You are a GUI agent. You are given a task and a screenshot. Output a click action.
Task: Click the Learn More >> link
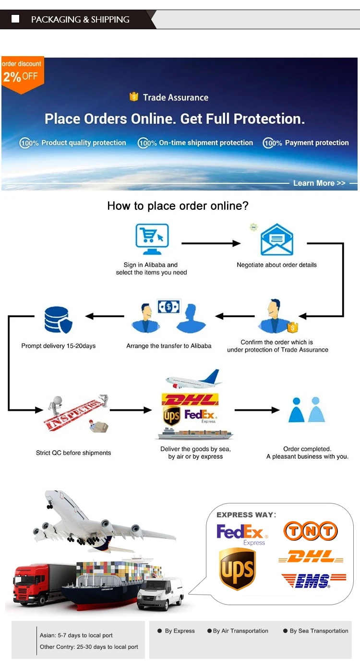pos(319,183)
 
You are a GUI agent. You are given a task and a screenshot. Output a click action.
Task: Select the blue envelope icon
pos(276,239)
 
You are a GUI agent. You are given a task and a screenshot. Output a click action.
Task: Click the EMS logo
pos(313,581)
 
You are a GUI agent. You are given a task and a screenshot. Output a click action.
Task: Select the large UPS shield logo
pos(237,569)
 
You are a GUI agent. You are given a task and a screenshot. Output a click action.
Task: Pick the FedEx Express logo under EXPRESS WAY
pos(242,534)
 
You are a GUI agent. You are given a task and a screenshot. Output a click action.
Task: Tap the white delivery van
pos(160,594)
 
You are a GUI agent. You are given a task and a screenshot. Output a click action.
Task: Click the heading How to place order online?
pos(178,206)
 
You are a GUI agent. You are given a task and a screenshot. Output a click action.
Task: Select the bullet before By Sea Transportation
pos(286,631)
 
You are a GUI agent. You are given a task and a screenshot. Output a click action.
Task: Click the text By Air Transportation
pos(240,631)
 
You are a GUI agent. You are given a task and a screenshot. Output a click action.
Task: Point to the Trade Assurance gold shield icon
pos(134,97)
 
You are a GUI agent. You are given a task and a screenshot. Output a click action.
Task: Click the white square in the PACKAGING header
pos(15,19)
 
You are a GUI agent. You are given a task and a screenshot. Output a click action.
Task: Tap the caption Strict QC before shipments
pos(73,453)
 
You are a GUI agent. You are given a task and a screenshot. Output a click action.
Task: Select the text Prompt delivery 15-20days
pos(59,346)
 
